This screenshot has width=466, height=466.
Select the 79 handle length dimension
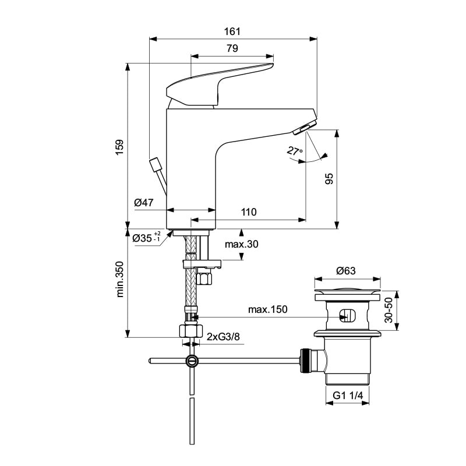pos(232,50)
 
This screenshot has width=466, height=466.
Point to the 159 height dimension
pos(119,146)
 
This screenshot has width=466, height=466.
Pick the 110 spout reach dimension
pos(249,213)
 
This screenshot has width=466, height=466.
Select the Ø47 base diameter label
pos(143,203)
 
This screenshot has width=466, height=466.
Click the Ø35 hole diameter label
pos(146,238)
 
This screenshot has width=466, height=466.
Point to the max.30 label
pos(241,244)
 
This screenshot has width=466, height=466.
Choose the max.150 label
pos(268,309)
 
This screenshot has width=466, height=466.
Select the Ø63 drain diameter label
pos(346,270)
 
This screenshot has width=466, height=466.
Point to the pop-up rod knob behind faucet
pos(156,164)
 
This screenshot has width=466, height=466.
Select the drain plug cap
pos(347,291)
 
